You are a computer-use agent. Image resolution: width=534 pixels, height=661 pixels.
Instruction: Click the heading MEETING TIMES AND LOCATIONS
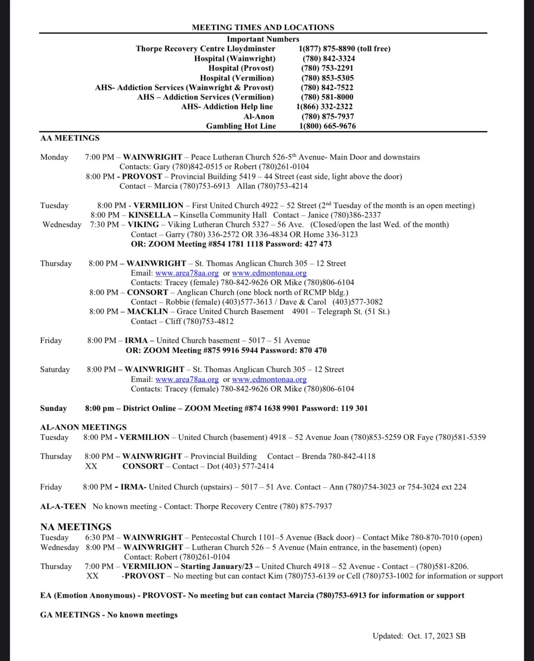263,27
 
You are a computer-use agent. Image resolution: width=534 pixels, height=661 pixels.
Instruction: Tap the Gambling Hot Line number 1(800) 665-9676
327,126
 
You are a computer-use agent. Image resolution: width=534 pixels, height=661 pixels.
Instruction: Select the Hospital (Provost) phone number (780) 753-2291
327,68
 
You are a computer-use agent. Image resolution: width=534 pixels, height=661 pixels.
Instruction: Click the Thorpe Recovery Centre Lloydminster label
205,49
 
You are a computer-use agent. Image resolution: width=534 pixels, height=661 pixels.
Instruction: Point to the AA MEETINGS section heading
70,138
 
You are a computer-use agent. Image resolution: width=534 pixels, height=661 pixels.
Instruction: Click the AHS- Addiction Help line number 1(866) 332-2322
325,106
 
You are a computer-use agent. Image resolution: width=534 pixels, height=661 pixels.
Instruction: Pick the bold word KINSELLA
149,215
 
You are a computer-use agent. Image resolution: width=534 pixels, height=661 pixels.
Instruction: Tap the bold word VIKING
143,224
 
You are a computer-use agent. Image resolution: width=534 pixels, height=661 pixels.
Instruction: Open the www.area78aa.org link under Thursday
187,273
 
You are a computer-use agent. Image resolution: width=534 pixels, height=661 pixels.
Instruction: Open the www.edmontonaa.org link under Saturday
269,379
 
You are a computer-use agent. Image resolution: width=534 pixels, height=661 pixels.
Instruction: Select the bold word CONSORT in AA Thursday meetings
148,292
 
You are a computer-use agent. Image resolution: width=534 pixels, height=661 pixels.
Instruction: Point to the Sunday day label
53,408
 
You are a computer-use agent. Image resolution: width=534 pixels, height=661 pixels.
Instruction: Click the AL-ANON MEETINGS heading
83,427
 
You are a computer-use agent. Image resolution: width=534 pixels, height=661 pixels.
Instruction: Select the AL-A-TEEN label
63,506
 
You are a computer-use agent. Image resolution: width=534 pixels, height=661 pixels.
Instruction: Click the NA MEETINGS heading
76,527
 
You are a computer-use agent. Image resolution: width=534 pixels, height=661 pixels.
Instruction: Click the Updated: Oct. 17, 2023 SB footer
419,636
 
